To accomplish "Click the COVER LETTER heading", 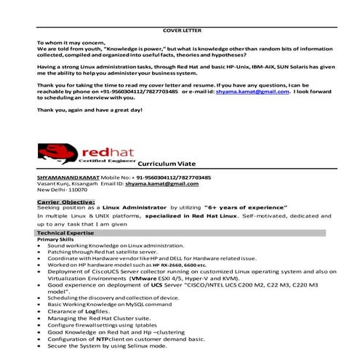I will [x=182, y=31].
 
